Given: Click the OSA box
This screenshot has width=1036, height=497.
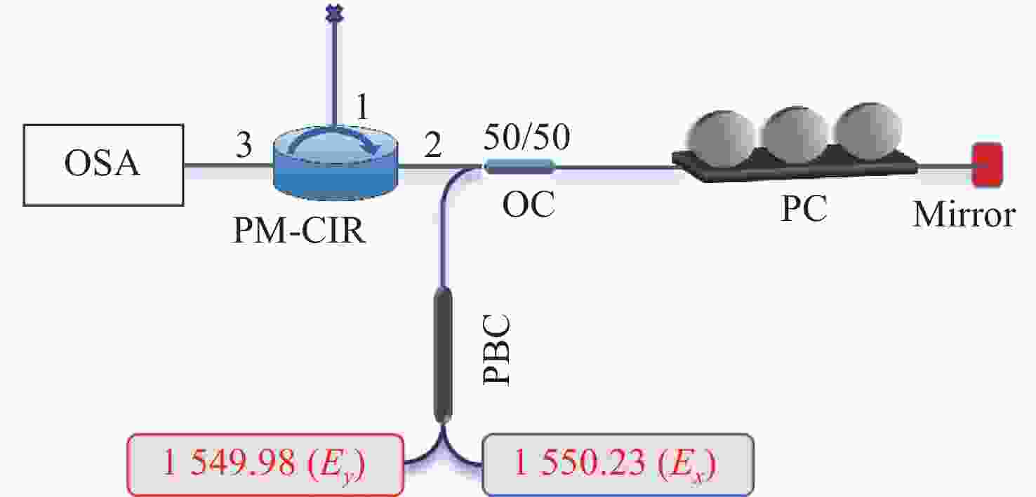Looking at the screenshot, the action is [104, 165].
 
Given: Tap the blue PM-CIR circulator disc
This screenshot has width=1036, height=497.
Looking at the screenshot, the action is [336, 162].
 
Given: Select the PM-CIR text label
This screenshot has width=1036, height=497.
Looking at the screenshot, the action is [299, 230].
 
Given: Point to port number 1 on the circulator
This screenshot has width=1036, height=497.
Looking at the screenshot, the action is [362, 107].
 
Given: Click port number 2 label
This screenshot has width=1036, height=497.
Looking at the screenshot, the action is [433, 145].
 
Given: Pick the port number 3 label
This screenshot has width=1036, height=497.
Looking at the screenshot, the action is [244, 145].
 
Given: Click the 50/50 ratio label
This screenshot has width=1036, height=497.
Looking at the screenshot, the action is [527, 137].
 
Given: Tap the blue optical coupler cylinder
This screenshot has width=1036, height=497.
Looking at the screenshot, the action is [520, 166].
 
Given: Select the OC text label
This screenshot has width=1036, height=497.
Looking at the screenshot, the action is [529, 204].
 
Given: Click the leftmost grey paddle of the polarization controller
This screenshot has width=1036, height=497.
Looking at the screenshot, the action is [722, 133].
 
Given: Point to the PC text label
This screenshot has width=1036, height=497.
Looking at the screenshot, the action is [804, 209].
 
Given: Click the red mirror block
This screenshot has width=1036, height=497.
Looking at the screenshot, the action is [987, 165].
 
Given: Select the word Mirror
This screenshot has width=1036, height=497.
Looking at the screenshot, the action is [964, 215].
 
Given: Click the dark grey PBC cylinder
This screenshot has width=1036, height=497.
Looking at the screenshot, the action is [443, 355].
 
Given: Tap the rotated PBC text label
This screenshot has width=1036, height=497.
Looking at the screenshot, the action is [497, 350].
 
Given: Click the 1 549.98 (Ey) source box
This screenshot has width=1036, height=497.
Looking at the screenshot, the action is [265, 464].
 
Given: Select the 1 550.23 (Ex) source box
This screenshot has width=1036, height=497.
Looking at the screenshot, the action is [618, 464].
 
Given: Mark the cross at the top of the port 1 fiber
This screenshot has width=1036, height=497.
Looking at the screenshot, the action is [334, 13].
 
